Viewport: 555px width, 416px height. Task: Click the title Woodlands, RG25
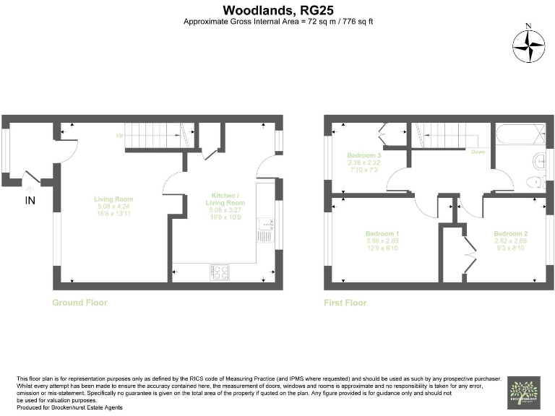coord(277,10)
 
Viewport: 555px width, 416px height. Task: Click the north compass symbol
coord(528,46)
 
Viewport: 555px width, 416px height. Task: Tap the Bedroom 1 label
coord(382,233)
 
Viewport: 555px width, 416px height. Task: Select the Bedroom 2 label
coord(510,233)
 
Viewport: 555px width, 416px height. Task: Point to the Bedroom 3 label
coord(364,155)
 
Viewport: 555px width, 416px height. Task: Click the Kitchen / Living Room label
coord(228,199)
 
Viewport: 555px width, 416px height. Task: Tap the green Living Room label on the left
coord(114,199)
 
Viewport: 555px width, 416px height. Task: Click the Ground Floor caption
coord(79,303)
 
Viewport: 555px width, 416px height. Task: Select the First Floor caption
coord(345,303)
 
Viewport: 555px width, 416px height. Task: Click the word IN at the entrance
coord(30,200)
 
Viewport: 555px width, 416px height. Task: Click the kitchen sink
coord(264,233)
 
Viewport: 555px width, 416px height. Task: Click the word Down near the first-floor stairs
coord(478,152)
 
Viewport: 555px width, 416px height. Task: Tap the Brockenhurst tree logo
coord(522,391)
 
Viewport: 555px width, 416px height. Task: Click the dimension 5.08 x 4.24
coord(114,207)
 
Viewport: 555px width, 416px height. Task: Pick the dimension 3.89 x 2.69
coord(382,241)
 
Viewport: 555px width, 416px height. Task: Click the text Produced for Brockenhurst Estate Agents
coord(69,409)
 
